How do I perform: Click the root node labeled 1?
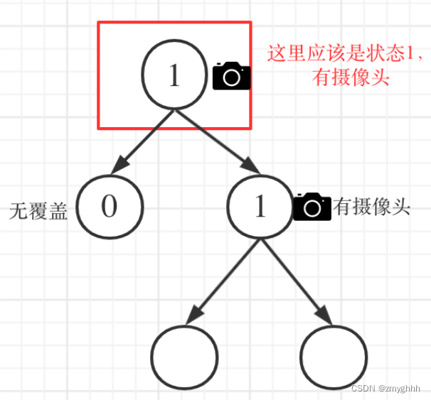click(174, 75)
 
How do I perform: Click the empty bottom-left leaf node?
click(184, 357)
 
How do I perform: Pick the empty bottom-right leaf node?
click(334, 357)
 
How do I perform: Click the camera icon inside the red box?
click(231, 76)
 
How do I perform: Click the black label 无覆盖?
click(38, 211)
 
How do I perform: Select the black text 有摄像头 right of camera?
click(371, 207)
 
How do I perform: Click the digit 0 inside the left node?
click(109, 206)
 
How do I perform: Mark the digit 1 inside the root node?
click(174, 75)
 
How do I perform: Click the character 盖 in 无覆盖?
click(58, 211)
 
